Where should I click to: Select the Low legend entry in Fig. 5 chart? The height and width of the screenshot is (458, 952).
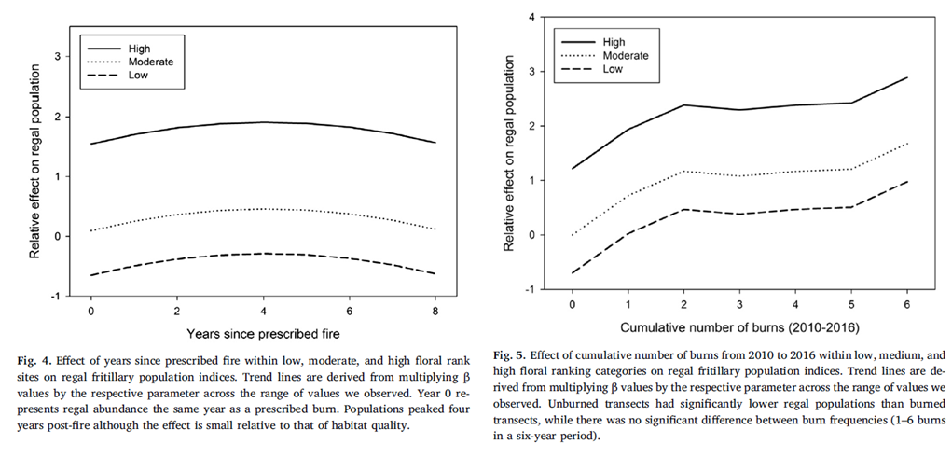click(612, 69)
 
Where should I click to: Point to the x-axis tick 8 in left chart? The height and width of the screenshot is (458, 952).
click(436, 310)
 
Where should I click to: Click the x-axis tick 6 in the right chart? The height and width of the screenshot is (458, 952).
click(906, 304)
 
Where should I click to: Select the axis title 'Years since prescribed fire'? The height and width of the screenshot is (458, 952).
click(264, 333)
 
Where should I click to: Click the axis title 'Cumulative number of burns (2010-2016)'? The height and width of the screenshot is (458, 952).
click(738, 327)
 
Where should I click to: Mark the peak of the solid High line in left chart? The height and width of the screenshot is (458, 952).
click(264, 122)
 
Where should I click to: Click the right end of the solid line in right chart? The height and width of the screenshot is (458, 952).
click(906, 77)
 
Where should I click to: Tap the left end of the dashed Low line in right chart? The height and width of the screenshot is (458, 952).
click(572, 273)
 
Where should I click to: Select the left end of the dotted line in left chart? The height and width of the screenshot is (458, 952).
click(91, 230)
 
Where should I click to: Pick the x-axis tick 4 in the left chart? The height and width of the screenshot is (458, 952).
click(264, 310)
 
